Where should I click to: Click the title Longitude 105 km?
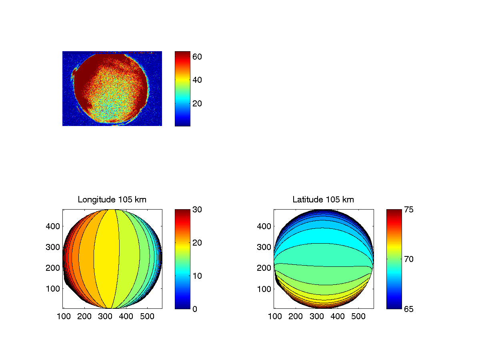(112, 200)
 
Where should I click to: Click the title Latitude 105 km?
(323, 200)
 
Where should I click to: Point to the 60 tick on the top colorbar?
(197, 57)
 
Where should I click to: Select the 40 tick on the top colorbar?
(197, 80)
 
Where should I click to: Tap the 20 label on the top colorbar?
(197, 103)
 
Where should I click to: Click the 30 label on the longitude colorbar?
(197, 210)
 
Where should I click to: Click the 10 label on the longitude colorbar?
(197, 276)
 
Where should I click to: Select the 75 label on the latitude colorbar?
(408, 210)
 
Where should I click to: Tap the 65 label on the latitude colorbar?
(408, 309)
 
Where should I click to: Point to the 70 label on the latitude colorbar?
(408, 259)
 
